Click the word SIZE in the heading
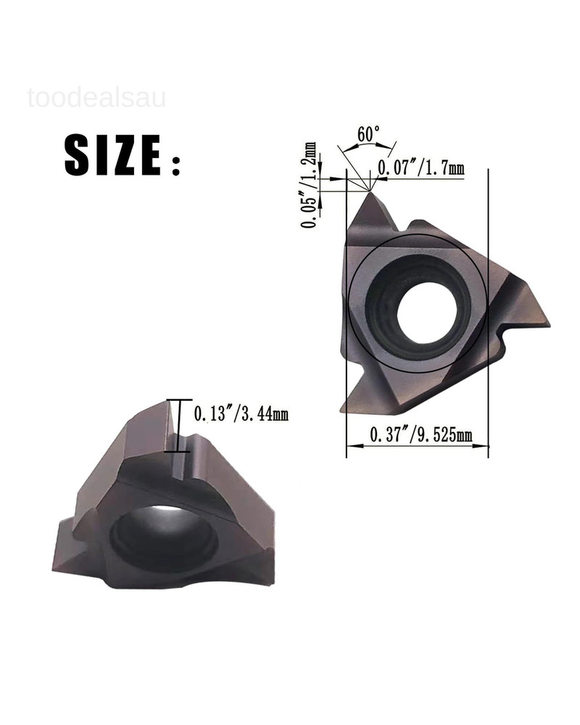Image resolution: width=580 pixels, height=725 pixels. pyautogui.click(x=112, y=155)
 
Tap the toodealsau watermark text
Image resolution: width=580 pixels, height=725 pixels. pyautogui.click(x=96, y=97)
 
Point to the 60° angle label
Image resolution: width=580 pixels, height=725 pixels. pyautogui.click(x=368, y=135)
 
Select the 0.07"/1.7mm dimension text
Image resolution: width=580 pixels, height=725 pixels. pyautogui.click(x=421, y=169)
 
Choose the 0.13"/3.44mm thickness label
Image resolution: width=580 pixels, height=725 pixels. pyautogui.click(x=241, y=415)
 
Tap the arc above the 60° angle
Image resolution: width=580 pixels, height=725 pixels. pyautogui.click(x=366, y=146)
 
